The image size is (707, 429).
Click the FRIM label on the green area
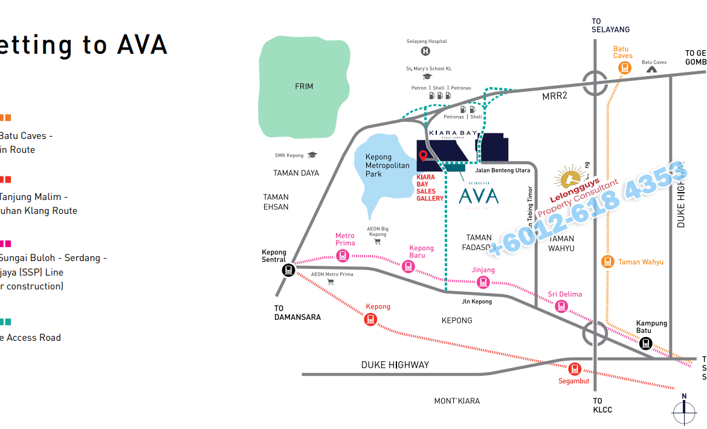tap(304, 86)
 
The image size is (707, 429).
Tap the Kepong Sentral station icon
tap(288, 269)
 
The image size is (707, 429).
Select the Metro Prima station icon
tap(343, 256)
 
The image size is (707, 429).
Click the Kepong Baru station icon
tap(409, 266)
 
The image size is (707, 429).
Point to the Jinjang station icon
tap(483, 282)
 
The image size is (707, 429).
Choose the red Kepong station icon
tap(370, 319)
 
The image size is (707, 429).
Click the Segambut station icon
tap(574, 368)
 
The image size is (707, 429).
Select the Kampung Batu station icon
tap(645, 343)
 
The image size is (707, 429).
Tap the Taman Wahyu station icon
tap(608, 262)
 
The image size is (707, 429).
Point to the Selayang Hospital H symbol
tap(426, 52)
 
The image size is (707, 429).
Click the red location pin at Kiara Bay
tap(423, 156)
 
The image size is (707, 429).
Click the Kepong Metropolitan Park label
tap(387, 166)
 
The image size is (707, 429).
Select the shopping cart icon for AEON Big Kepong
tap(378, 242)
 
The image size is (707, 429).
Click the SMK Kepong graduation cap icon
tap(312, 155)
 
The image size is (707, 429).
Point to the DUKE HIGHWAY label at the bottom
tap(395, 365)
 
